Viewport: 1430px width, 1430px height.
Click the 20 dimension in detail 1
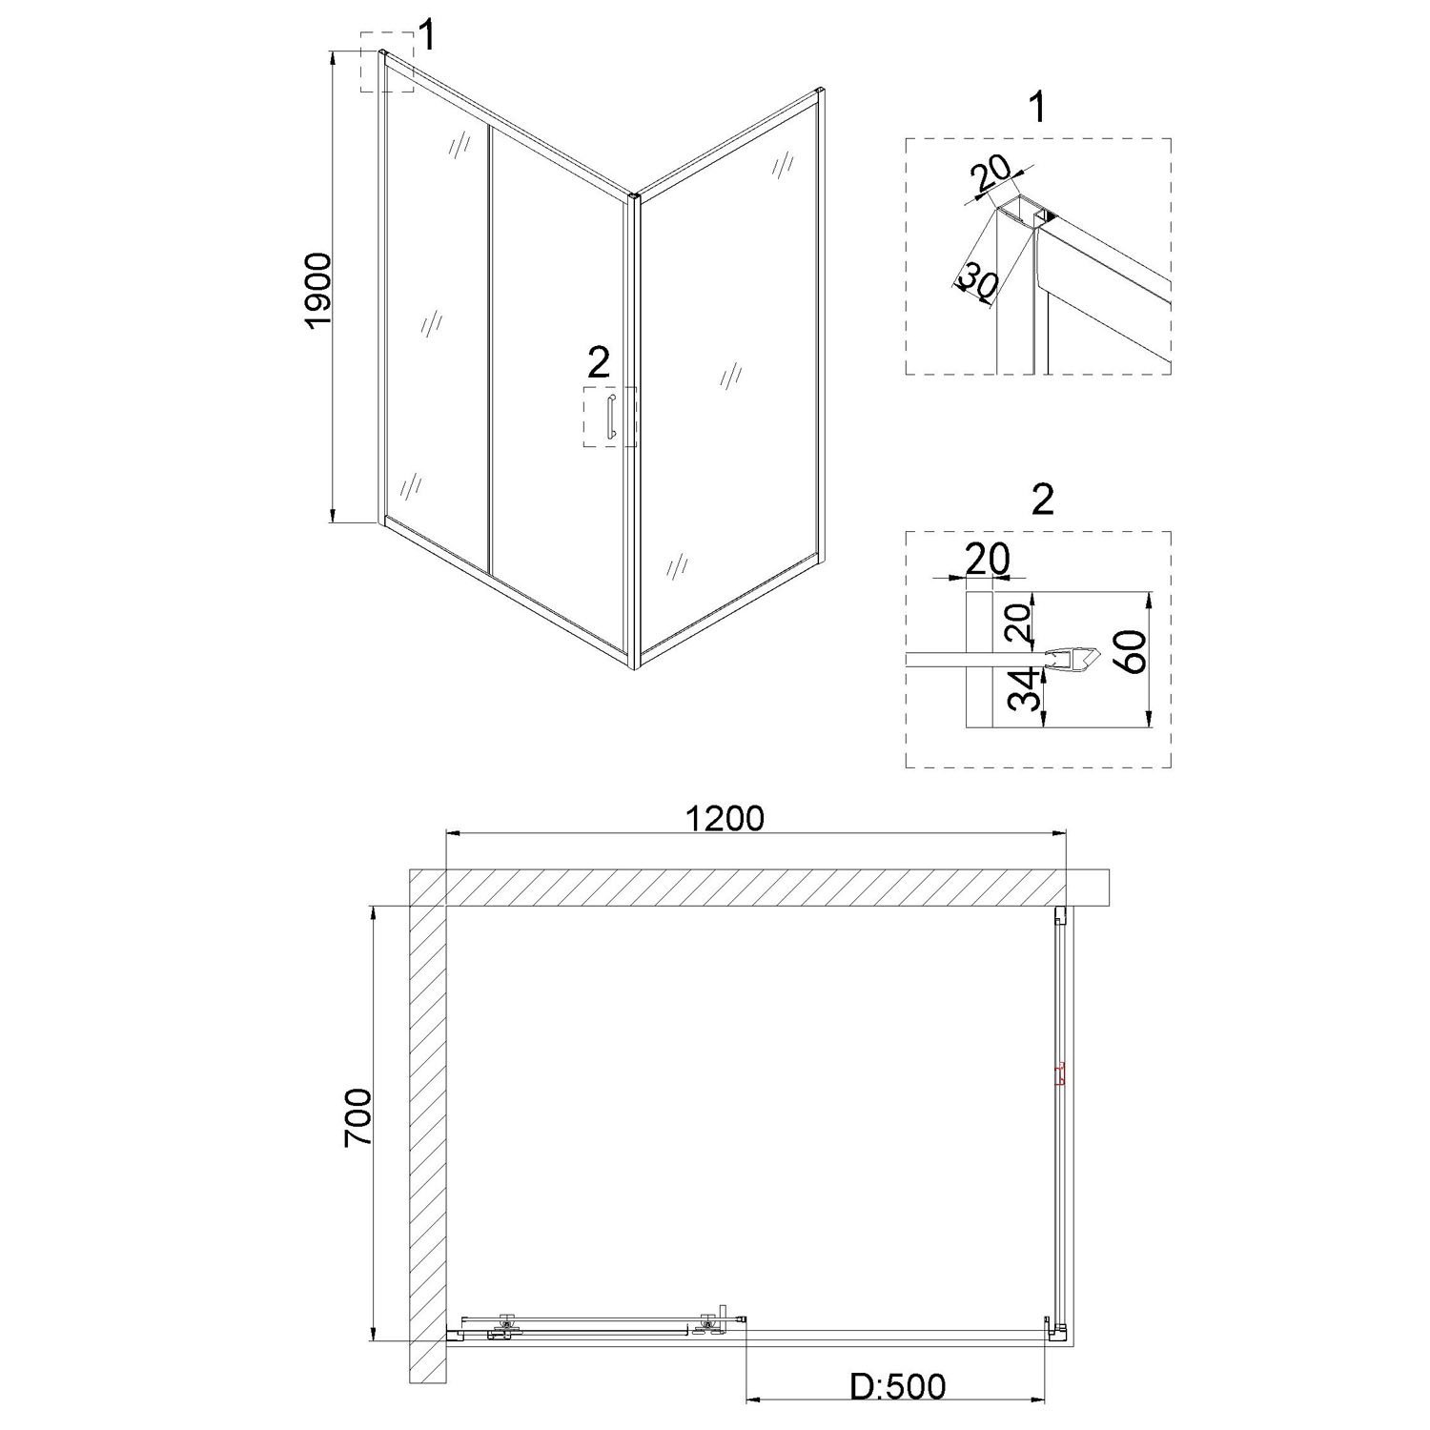pos(992,177)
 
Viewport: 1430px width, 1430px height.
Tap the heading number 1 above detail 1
pos(1038,107)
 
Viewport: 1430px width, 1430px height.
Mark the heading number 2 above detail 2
pos(1043,500)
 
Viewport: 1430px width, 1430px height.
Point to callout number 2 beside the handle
pos(598,362)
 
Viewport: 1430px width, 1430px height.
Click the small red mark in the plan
pos(1059,1076)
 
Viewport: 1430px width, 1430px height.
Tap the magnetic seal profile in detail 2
pos(1074,659)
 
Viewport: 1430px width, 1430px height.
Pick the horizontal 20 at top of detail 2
pos(986,560)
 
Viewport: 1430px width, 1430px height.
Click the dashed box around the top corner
pos(387,62)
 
